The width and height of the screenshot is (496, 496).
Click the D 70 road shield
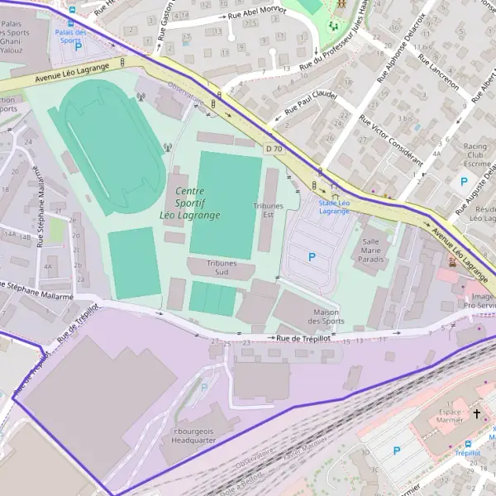(x=274, y=148)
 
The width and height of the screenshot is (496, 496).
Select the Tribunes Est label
(x=268, y=210)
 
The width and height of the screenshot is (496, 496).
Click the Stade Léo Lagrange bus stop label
(x=334, y=207)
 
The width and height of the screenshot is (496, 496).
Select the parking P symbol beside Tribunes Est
(x=312, y=257)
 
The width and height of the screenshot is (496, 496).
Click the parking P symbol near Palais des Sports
(x=79, y=48)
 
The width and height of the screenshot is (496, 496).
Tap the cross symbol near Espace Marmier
(x=476, y=412)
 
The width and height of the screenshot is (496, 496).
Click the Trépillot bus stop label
(x=467, y=453)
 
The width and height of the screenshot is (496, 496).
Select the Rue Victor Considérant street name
(x=391, y=141)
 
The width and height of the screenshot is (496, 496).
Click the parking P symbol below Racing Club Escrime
(x=464, y=181)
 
